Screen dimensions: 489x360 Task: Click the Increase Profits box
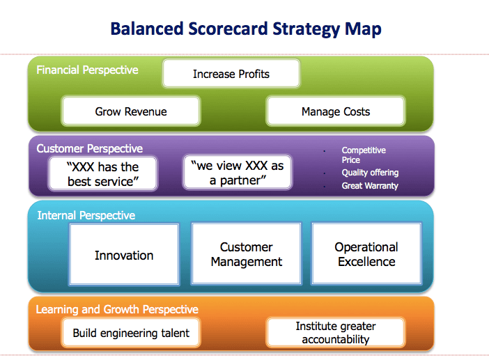(231, 74)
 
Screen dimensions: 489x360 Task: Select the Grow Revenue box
(131, 111)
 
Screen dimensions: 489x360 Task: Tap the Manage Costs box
(336, 111)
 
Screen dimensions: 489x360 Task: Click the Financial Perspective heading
(87, 70)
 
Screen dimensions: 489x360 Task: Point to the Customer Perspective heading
(89, 149)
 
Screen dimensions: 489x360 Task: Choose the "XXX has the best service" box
(103, 173)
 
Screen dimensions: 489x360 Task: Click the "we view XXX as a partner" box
(238, 173)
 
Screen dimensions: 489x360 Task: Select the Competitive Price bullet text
(364, 155)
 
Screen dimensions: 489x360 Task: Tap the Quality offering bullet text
(370, 173)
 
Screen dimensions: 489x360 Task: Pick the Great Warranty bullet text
(370, 186)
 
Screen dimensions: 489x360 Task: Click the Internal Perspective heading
(86, 215)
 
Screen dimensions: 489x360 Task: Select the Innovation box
(124, 254)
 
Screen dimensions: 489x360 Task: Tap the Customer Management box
(247, 253)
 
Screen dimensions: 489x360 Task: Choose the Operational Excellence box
(366, 253)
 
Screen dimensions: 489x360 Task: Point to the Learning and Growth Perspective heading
(117, 309)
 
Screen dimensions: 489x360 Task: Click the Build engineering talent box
(131, 333)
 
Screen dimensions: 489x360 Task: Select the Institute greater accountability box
(336, 333)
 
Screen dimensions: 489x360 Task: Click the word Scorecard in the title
(228, 29)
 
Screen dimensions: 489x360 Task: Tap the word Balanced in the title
(147, 29)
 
